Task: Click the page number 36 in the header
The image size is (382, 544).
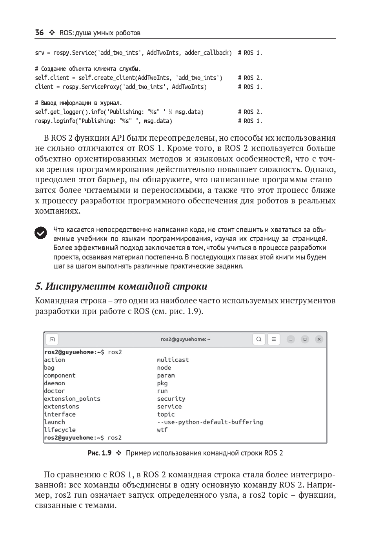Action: (x=39, y=33)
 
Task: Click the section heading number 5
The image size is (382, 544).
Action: (x=38, y=286)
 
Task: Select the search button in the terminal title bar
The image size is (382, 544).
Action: (x=259, y=339)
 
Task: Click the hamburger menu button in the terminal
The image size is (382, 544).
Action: (x=274, y=339)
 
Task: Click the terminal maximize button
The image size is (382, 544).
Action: (x=305, y=339)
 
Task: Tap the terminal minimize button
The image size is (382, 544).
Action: (x=291, y=339)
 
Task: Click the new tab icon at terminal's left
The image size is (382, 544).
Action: (x=52, y=339)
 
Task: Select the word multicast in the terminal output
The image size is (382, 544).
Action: (x=173, y=360)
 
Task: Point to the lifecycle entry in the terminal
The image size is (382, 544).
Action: (x=60, y=430)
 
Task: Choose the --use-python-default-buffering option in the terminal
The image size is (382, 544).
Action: (x=210, y=422)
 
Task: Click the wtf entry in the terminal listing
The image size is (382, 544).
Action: (x=162, y=430)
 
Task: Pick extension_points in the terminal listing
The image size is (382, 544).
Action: (x=72, y=399)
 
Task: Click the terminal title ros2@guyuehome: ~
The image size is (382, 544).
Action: (x=185, y=339)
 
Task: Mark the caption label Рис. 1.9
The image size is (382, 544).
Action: (x=99, y=453)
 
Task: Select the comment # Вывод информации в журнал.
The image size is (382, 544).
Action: (x=78, y=103)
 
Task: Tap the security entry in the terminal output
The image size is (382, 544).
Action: (x=171, y=399)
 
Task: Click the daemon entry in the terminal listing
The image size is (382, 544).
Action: (x=55, y=383)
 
